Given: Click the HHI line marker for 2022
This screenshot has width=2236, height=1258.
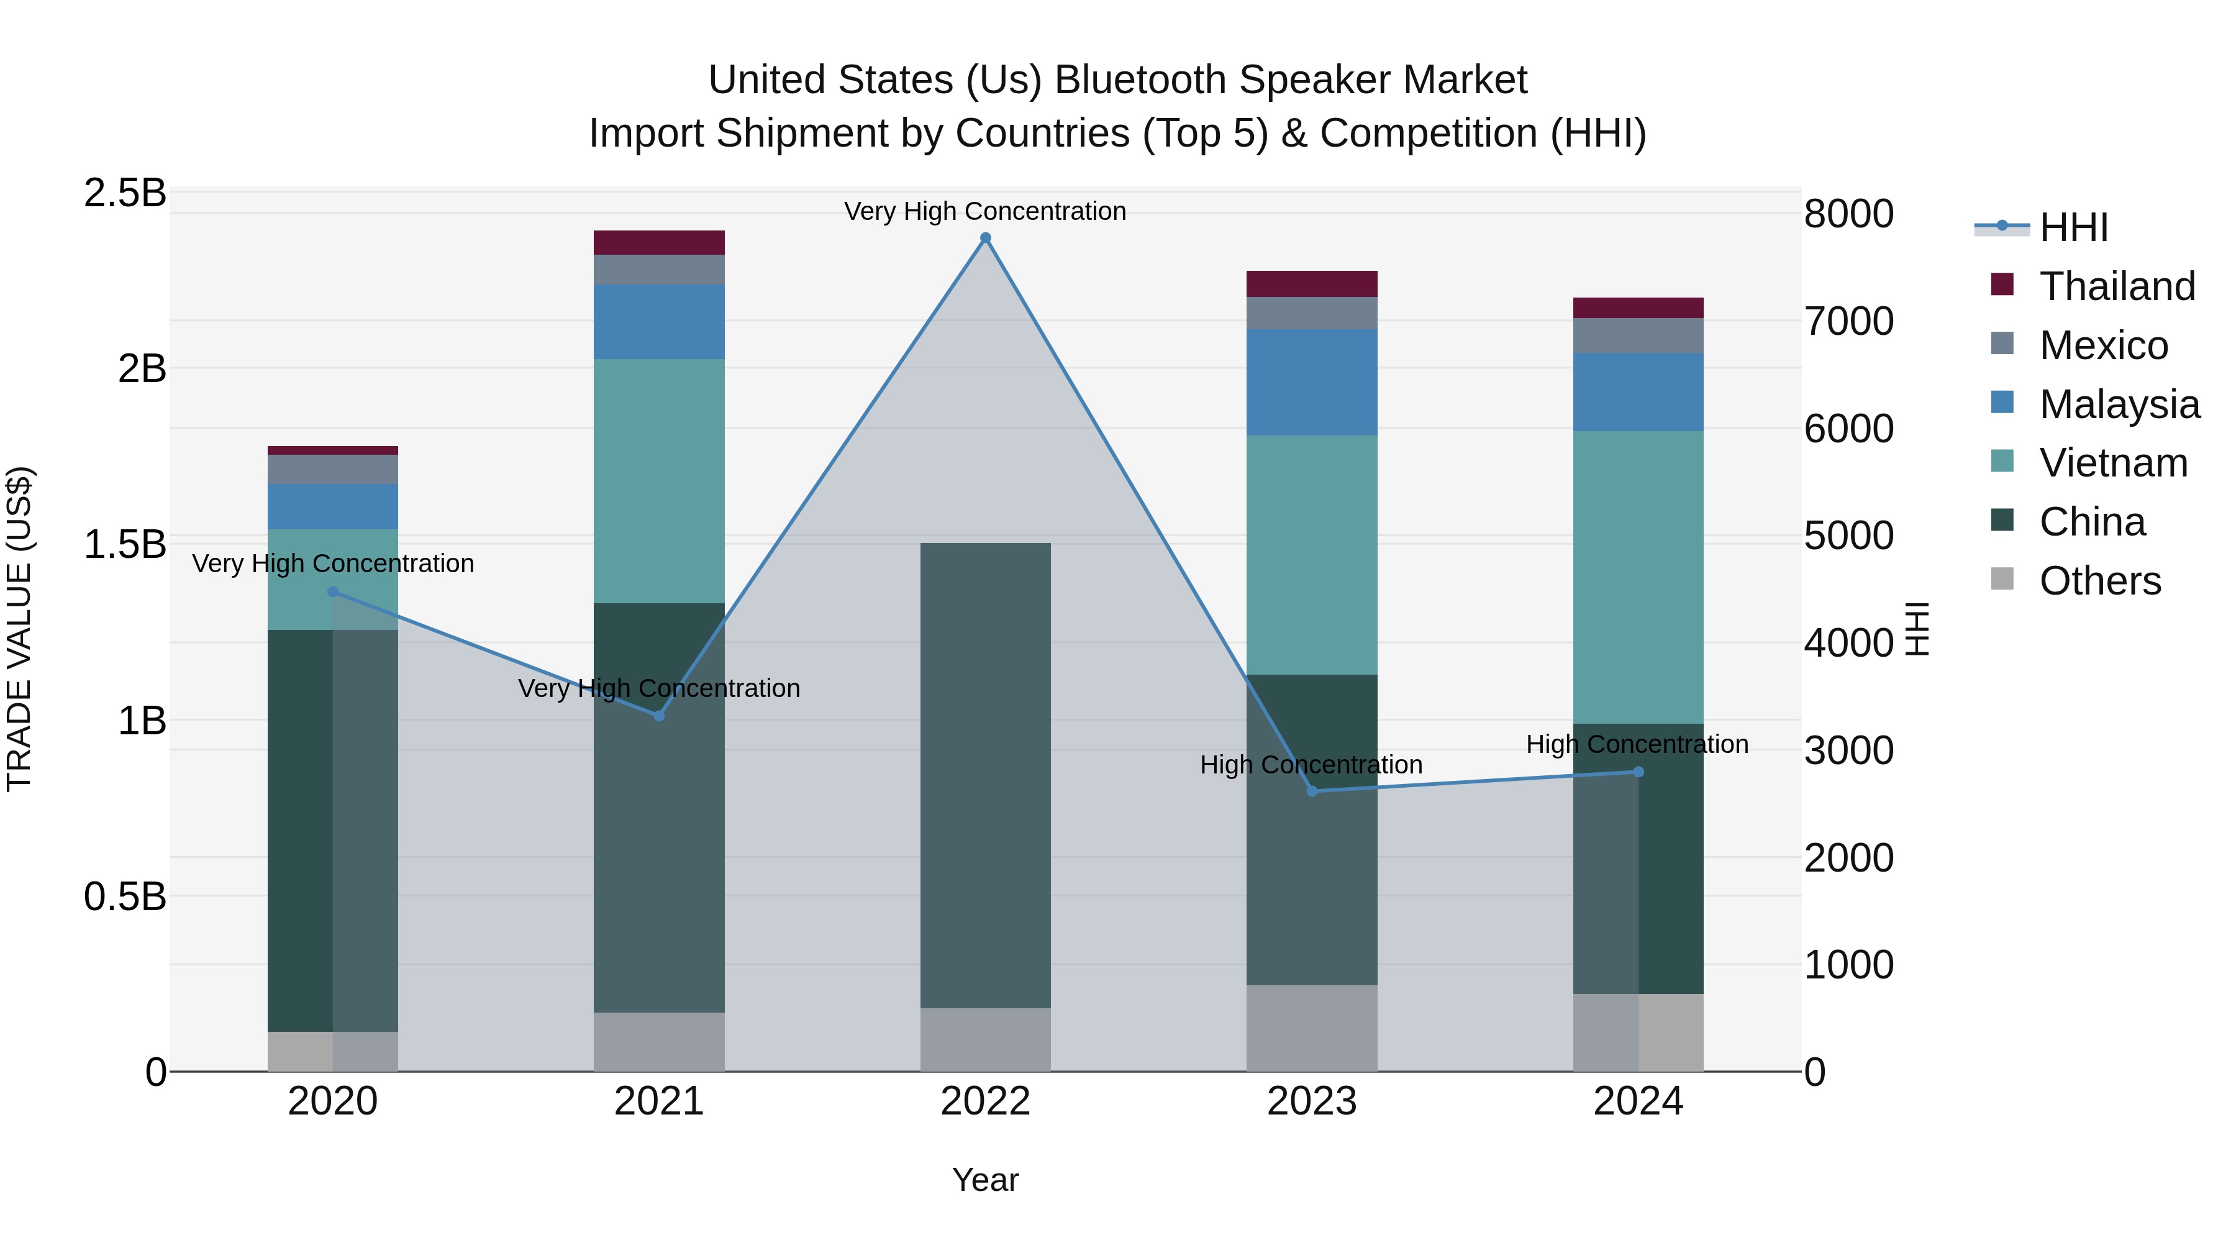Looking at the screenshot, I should tap(985, 238).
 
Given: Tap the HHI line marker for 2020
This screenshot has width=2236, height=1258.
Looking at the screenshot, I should tap(332, 592).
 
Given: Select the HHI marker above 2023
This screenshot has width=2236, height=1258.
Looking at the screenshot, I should tap(1312, 791).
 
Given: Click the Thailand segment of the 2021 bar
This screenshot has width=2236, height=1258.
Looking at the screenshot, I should tap(659, 242).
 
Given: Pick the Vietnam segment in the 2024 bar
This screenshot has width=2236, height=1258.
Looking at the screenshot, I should tap(1638, 577).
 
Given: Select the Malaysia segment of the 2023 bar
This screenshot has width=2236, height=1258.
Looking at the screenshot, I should tap(1312, 382).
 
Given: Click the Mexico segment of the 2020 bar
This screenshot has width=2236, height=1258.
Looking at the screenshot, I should tap(332, 469).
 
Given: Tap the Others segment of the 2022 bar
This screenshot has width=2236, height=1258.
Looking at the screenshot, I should tap(985, 1039).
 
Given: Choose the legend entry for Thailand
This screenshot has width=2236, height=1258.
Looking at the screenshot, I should tap(2116, 286).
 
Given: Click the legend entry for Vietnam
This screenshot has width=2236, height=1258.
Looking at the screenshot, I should tap(2113, 463).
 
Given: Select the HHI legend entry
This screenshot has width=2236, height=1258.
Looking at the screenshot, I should tap(2073, 227).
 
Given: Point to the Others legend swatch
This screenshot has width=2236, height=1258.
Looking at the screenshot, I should tap(2002, 579).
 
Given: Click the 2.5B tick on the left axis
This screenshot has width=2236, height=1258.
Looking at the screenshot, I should tap(125, 193).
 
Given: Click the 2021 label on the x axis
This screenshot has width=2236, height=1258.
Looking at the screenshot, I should tap(659, 1101).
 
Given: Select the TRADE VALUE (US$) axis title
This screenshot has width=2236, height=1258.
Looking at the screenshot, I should tap(19, 629).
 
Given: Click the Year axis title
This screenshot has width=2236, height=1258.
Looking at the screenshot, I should tap(985, 1180).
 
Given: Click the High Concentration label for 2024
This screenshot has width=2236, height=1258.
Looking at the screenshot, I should tap(1637, 744).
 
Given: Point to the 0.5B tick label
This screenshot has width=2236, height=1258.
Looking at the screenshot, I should tap(125, 896).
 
